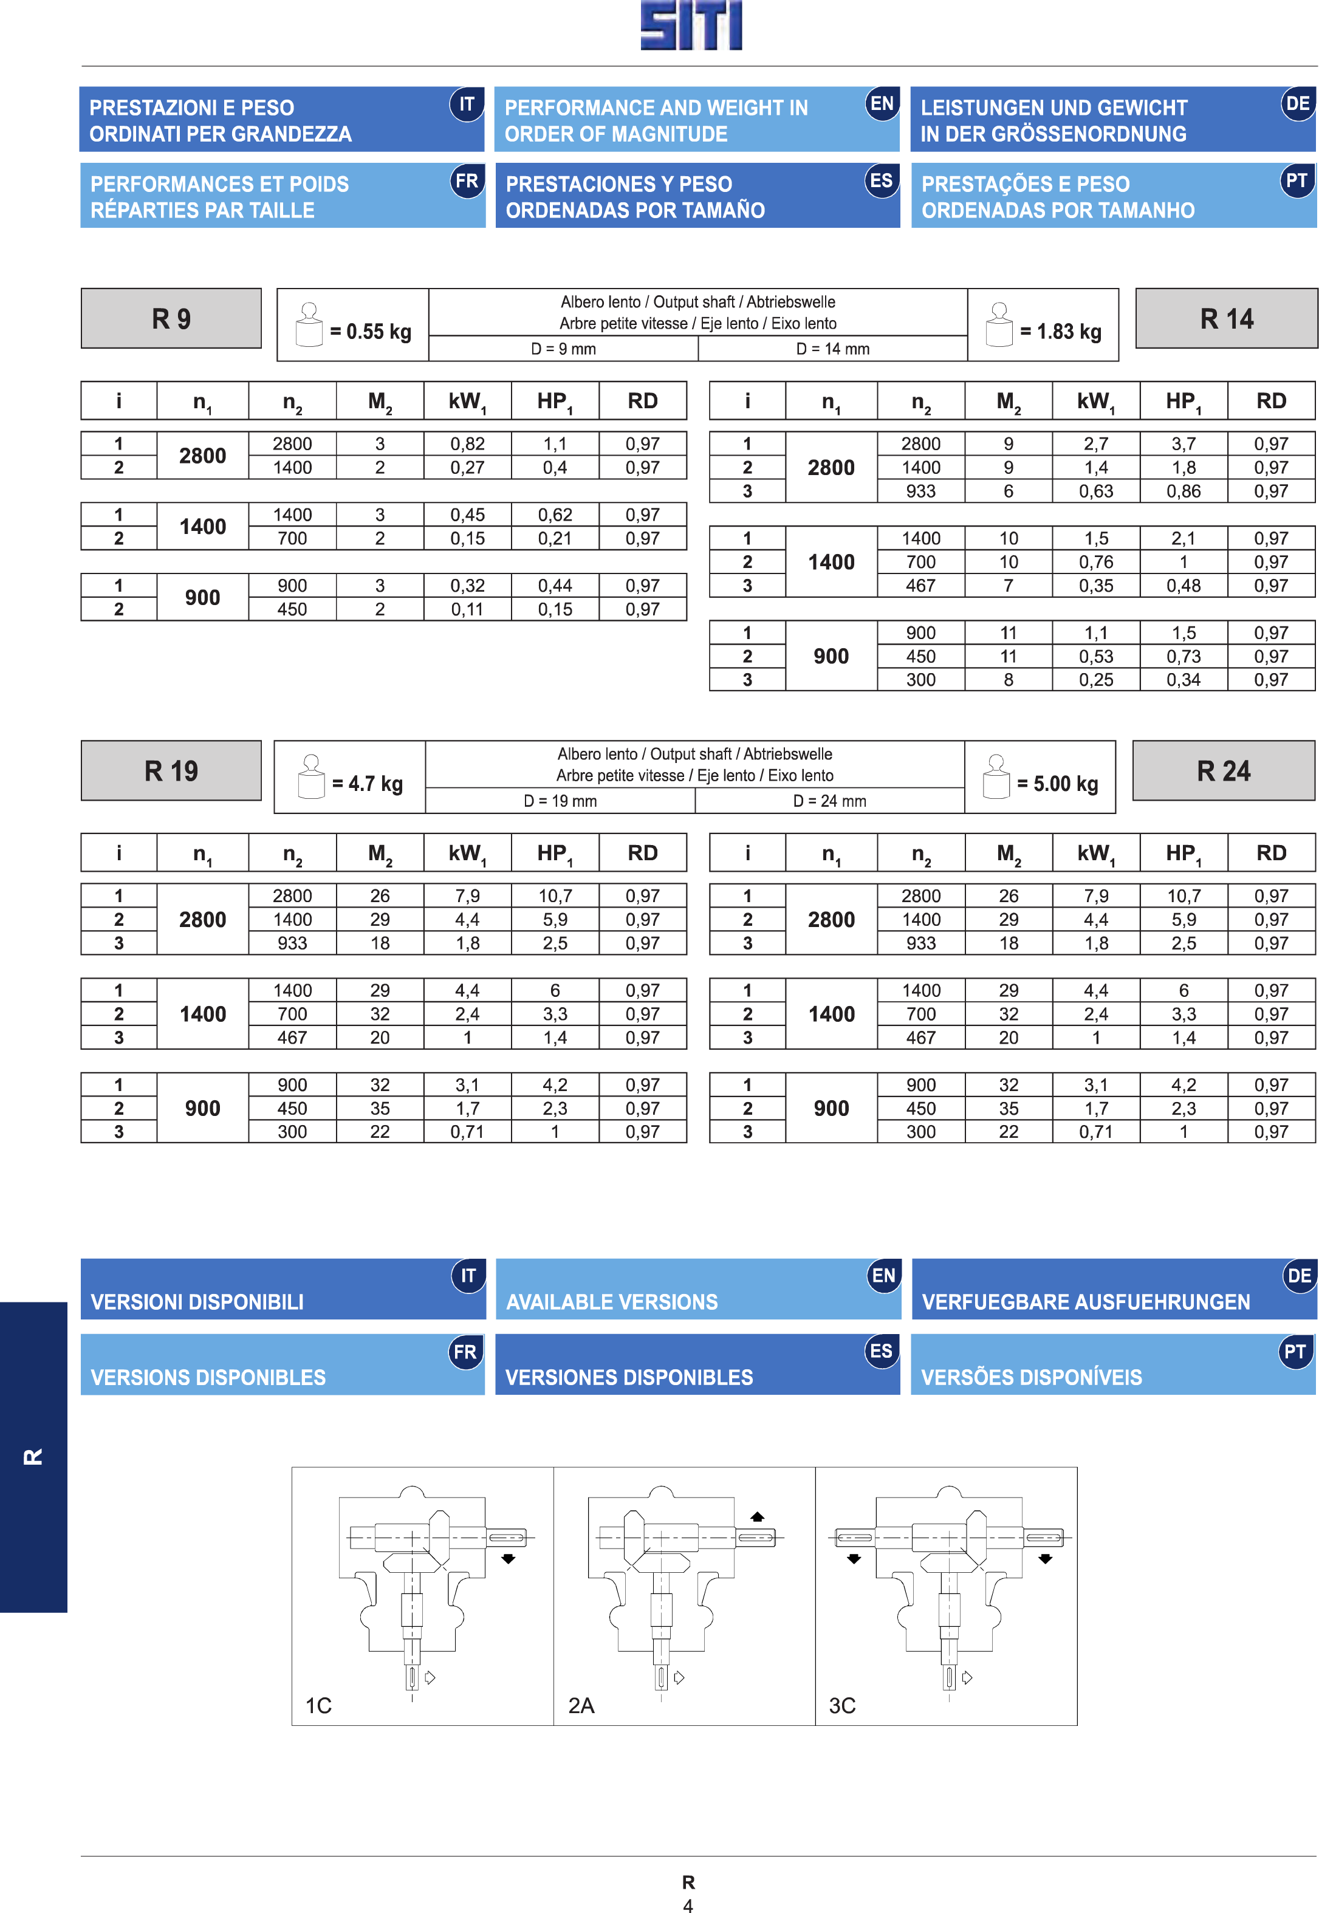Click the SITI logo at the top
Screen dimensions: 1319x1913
pyautogui.click(x=691, y=25)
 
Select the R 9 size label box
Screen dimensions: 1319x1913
pyautogui.click(x=171, y=318)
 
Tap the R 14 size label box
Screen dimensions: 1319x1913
pyautogui.click(x=1227, y=318)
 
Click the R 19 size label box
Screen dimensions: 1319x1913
pyautogui.click(x=171, y=770)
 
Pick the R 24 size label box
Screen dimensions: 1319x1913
pyautogui.click(x=1223, y=770)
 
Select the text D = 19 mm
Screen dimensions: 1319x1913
pyautogui.click(x=560, y=801)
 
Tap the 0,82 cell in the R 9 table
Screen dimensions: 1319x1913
pyautogui.click(x=468, y=443)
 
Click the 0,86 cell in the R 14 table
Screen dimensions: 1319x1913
pyautogui.click(x=1184, y=491)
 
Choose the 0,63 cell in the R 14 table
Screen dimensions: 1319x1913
pyautogui.click(x=1096, y=491)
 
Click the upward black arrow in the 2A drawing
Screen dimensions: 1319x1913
pyautogui.click(x=757, y=1516)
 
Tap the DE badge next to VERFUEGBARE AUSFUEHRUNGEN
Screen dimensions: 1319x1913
pyautogui.click(x=1298, y=1276)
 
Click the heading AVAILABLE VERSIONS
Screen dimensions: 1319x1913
pyautogui.click(x=612, y=1301)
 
